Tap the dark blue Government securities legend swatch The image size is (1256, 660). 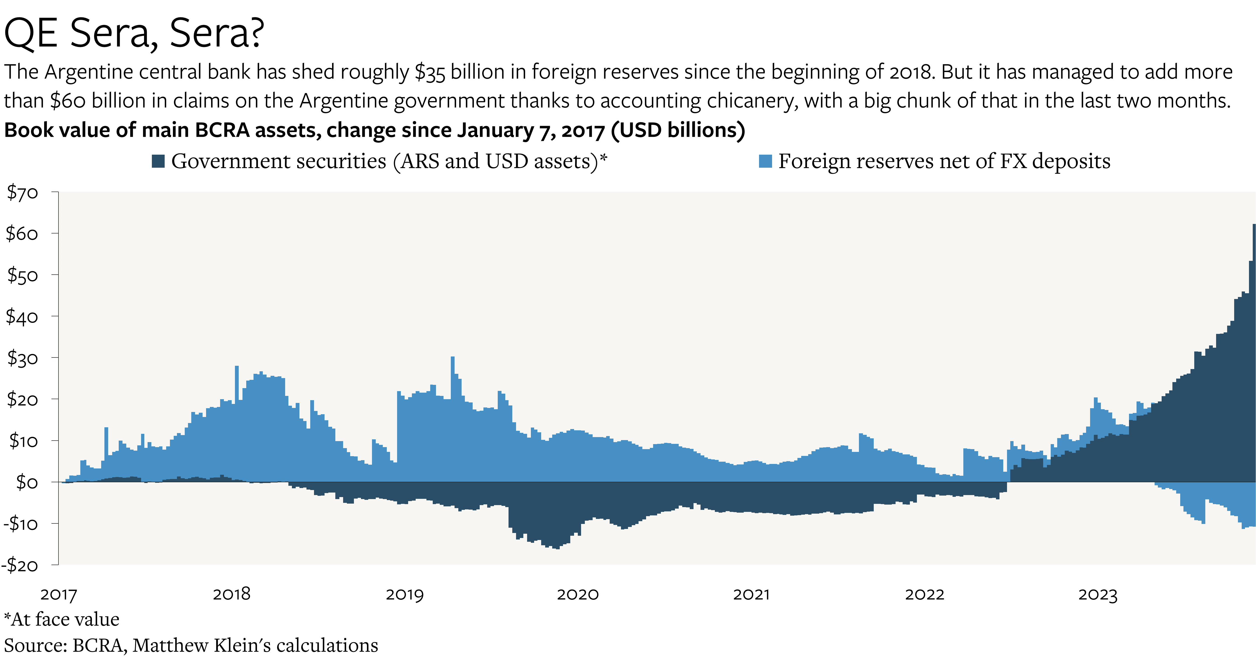(158, 161)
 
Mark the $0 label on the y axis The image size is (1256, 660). (27, 482)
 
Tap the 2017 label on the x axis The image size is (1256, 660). (58, 594)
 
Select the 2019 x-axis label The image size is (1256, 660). (405, 594)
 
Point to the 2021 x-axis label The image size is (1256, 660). (751, 594)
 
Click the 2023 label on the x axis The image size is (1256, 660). (1098, 594)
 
